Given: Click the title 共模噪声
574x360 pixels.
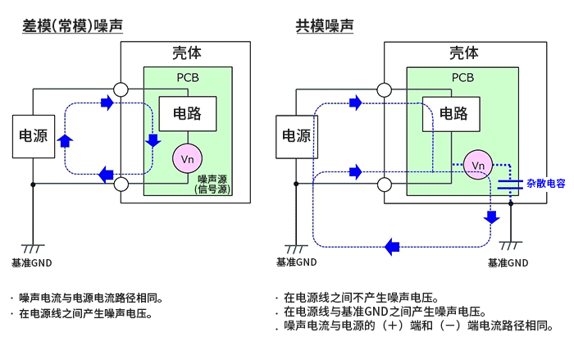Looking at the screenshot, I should tap(325, 26).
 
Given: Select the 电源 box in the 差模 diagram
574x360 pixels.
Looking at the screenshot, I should tap(33, 136).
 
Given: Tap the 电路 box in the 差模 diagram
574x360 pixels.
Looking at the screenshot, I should tap(188, 114).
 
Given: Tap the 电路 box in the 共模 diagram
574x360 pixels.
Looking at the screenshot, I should tap(452, 114).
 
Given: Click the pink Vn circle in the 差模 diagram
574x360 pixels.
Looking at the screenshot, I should tap(187, 157).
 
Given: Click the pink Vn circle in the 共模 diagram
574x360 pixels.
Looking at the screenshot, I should tap(478, 166).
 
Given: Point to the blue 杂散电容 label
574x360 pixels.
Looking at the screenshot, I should tap(545, 184).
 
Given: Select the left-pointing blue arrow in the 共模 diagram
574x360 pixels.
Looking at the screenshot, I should tap(393, 245).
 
